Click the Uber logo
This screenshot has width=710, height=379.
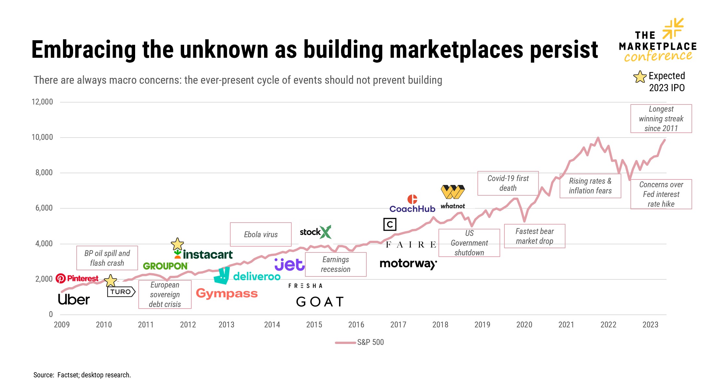click(x=74, y=300)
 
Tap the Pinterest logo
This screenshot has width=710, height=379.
click(x=77, y=278)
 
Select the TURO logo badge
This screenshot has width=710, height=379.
click(x=121, y=292)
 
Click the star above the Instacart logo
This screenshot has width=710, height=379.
click(x=177, y=244)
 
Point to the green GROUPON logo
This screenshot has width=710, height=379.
click(x=165, y=266)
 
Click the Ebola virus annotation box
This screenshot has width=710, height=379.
click(x=260, y=234)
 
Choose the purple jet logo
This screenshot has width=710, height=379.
click(x=289, y=265)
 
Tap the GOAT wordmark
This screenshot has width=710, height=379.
click(x=320, y=302)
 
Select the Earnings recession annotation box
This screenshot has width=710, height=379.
click(x=336, y=264)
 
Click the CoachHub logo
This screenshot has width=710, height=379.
click(x=412, y=204)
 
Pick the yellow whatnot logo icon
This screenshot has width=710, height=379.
click(x=453, y=192)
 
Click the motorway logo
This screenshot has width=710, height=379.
click(x=408, y=264)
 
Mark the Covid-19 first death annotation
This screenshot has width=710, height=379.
click(x=508, y=183)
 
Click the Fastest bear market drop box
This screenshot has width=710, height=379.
click(x=534, y=236)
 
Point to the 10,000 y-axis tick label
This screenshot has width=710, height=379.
click(x=42, y=137)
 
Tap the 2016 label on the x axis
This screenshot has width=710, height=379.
click(x=356, y=324)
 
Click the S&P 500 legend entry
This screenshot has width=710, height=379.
click(x=360, y=342)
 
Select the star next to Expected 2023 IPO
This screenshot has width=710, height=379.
click(x=640, y=77)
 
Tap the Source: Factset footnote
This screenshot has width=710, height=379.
click(x=82, y=375)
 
